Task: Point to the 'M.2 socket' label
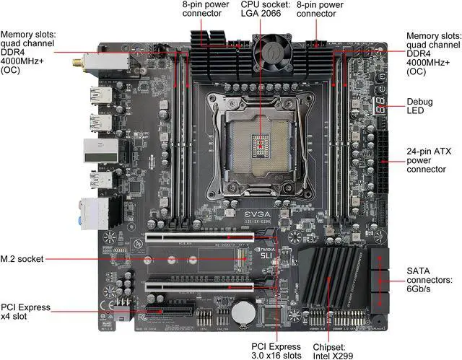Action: click(x=22, y=258)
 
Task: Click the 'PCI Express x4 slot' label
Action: click(x=25, y=312)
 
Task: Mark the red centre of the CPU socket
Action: click(x=263, y=143)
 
